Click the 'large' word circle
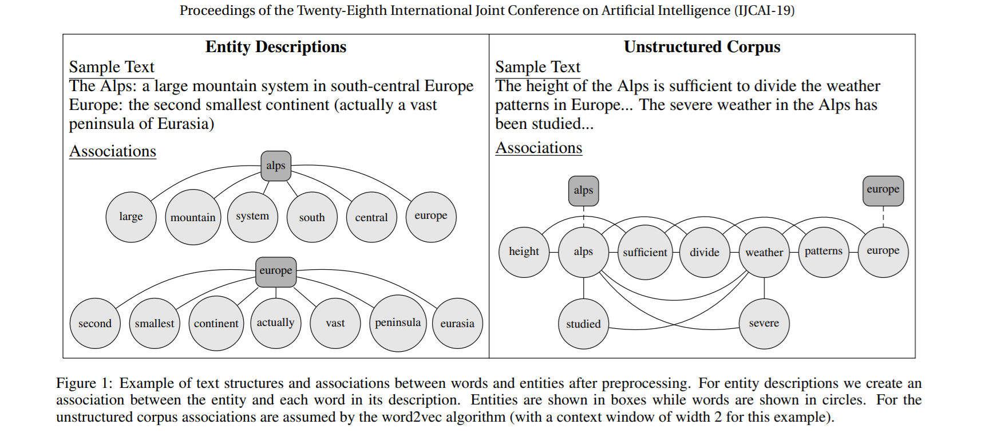pyautogui.click(x=131, y=217)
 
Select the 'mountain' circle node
pyautogui.click(x=193, y=217)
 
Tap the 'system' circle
pyautogui.click(x=252, y=217)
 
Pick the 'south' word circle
pyautogui.click(x=312, y=217)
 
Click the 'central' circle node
pyautogui.click(x=371, y=217)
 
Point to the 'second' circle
pyautogui.click(x=95, y=323)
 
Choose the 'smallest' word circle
pyautogui.click(x=155, y=323)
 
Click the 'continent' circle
pyautogui.click(x=216, y=323)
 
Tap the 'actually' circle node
pyautogui.click(x=276, y=323)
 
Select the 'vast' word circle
pyautogui.click(x=335, y=323)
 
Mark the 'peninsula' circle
pyautogui.click(x=398, y=323)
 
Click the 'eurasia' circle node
pyautogui.click(x=457, y=323)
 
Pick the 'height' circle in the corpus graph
pyautogui.click(x=524, y=252)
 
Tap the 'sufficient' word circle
pyautogui.click(x=645, y=252)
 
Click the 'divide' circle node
pyautogui.click(x=705, y=252)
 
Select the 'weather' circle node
pyautogui.click(x=764, y=252)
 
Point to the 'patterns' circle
pyautogui.click(x=824, y=252)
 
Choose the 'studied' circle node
pyautogui.click(x=583, y=324)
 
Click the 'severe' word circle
pyautogui.click(x=764, y=323)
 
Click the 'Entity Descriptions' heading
pyautogui.click(x=276, y=47)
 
